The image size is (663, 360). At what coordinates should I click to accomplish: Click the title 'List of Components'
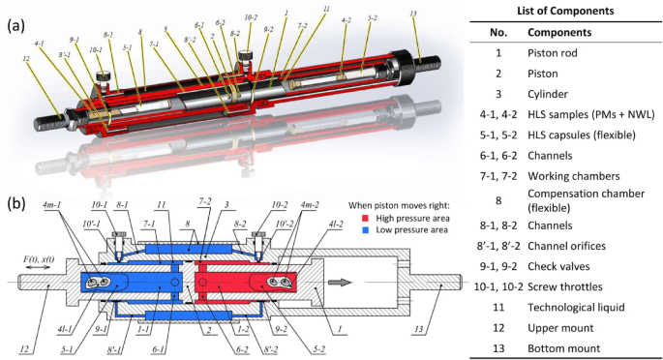pyautogui.click(x=563, y=11)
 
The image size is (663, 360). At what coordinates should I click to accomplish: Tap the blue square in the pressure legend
pyautogui.click(x=354, y=231)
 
